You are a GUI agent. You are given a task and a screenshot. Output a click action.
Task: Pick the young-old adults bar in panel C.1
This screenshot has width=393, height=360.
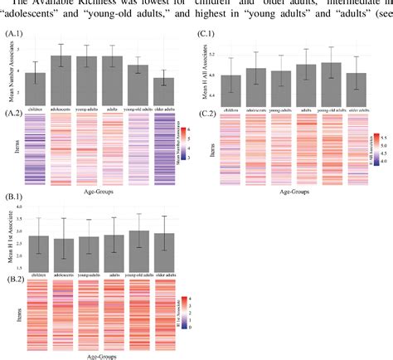click(332, 83)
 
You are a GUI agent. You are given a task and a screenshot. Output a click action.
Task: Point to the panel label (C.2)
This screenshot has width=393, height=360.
click(207, 111)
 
